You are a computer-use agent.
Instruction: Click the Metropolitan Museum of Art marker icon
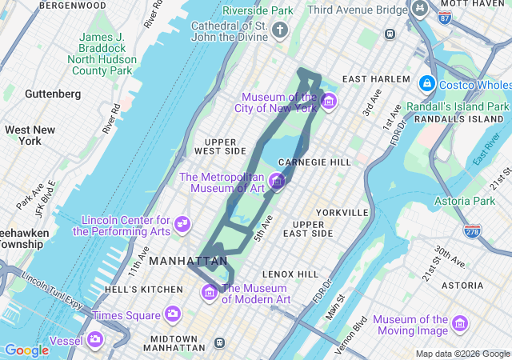coord(277,182)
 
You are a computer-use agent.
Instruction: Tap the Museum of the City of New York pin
coord(329,102)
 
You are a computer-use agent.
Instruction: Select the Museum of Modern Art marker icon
coord(210,293)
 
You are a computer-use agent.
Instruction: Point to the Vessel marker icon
coord(95,340)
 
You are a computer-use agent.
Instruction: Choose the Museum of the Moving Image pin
coord(459,324)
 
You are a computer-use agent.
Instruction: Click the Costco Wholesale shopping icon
coord(426,84)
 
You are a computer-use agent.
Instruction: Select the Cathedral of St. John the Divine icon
coord(279,30)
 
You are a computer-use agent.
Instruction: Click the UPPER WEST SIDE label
coord(220,146)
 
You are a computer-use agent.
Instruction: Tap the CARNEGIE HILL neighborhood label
coord(314,162)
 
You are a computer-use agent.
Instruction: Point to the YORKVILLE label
coord(342,213)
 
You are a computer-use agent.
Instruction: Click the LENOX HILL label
coord(290,274)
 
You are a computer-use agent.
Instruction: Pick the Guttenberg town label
coord(53,94)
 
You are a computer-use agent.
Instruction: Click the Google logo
coord(26,350)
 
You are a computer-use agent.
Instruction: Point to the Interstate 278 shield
coord(472,230)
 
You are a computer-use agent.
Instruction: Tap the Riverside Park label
coord(258,10)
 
